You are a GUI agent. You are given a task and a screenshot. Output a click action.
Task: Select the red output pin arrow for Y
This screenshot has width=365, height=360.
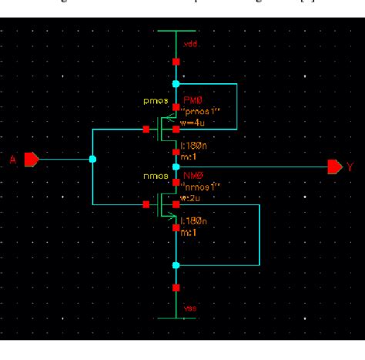click(334, 167)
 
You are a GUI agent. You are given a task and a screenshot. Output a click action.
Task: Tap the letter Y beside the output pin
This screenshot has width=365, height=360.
click(350, 167)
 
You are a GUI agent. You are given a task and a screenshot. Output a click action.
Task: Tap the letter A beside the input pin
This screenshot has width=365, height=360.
click(12, 160)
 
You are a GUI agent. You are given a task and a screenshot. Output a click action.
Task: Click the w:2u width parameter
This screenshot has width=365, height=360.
click(190, 197)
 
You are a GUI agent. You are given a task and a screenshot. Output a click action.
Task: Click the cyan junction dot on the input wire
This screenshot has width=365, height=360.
click(92, 160)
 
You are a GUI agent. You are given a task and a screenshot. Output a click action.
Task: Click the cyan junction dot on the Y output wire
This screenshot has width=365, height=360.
click(176, 167)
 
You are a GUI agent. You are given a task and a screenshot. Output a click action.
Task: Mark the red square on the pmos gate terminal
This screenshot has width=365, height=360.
click(146, 130)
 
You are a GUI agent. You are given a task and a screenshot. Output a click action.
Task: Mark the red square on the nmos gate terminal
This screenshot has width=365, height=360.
click(146, 204)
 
